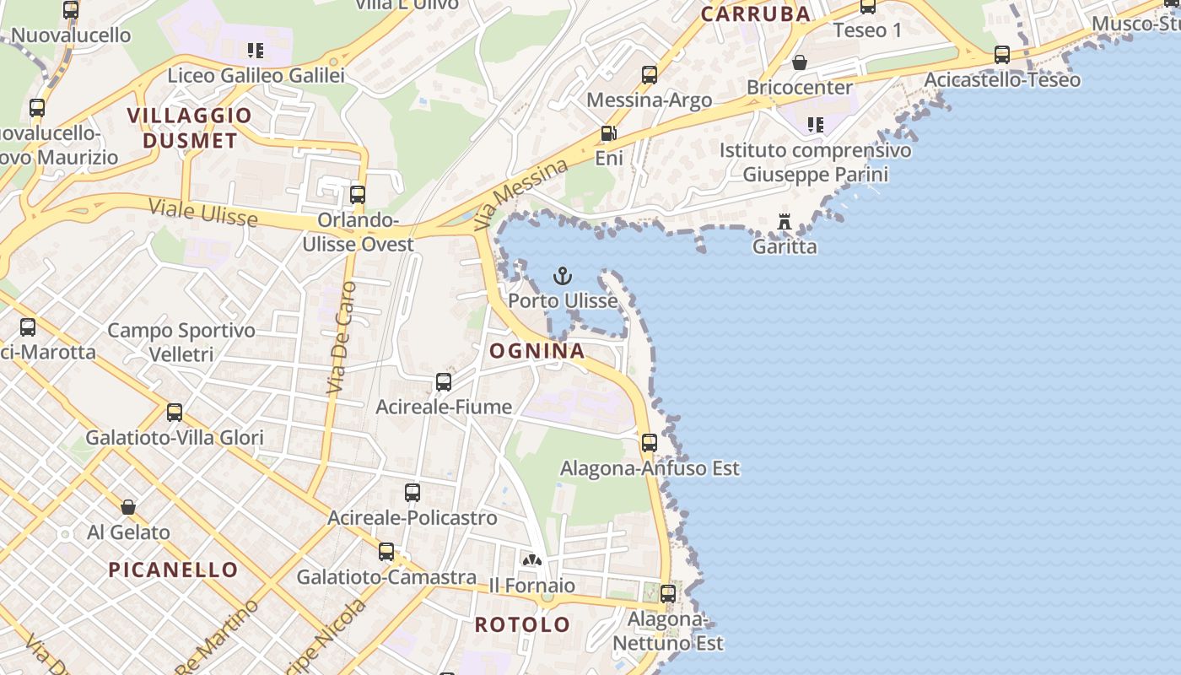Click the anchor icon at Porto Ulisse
562,276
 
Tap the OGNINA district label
537,351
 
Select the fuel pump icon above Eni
608,133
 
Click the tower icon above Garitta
785,222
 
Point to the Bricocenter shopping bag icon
799,62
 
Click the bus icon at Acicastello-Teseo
1001,55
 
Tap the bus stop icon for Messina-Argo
649,75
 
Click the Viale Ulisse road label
202,213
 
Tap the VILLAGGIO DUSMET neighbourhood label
190,128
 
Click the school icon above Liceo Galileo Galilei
256,51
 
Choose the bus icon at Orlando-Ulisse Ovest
358,195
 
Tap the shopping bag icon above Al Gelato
128,507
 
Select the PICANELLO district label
173,570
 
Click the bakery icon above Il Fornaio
531,560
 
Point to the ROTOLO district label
522,625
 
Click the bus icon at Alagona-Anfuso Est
649,443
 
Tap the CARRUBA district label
756,13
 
